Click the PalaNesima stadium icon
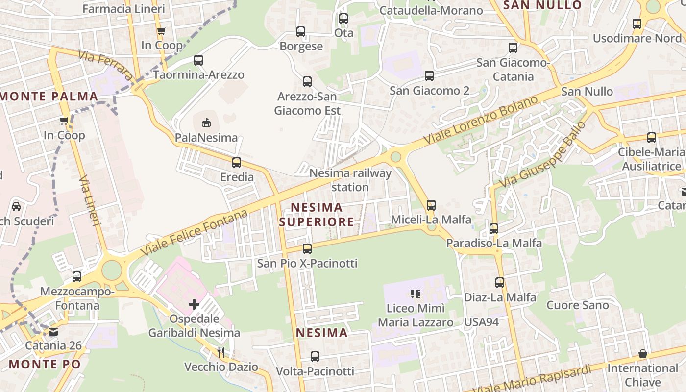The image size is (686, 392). coord(207,122)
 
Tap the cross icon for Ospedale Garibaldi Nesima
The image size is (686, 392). coord(194,304)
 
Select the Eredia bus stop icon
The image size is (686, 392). coord(237,162)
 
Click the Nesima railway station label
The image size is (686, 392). coord(350,180)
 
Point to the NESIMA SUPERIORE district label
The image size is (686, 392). coord(317,215)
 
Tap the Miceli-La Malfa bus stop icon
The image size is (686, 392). coord(431,205)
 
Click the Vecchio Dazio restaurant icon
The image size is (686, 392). coord(221,352)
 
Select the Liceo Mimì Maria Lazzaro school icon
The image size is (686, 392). coord(416,294)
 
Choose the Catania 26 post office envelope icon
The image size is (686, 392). coord(53,332)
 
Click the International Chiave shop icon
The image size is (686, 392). coord(643,354)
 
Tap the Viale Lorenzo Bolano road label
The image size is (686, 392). coord(481,120)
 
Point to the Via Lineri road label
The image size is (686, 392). coord(89,200)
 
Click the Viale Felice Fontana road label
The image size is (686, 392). coord(195,233)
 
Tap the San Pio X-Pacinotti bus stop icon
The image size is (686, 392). coord(307,248)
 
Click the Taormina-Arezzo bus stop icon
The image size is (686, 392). coord(198,60)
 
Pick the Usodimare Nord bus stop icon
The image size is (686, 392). coord(637,24)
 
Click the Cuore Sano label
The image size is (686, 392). coord(577,305)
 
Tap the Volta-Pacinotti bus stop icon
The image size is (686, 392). coord(315,357)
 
